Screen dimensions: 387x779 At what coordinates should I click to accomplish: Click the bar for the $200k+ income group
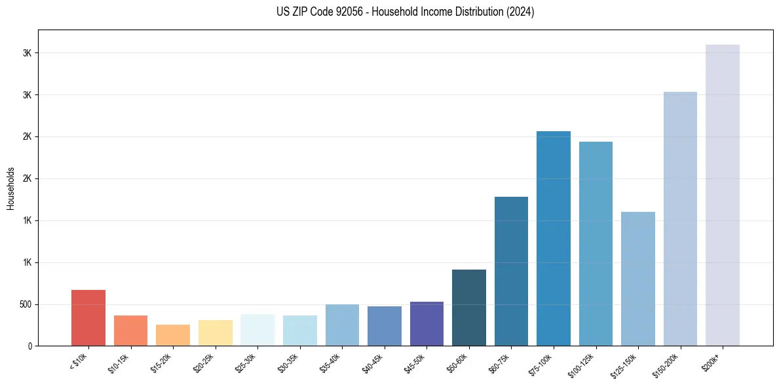722,195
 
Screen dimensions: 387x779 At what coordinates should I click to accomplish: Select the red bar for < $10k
88,317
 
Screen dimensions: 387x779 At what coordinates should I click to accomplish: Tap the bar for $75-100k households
554,238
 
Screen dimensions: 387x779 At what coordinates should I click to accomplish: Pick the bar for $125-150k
638,279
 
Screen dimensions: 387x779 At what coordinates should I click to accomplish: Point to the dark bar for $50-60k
469,308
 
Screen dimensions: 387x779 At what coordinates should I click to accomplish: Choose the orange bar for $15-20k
173,335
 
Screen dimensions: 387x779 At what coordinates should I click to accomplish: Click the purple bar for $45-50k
427,323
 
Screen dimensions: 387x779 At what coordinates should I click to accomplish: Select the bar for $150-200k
680,218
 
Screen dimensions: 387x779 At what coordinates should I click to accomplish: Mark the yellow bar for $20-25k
215,333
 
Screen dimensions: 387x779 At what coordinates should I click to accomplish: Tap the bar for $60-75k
511,271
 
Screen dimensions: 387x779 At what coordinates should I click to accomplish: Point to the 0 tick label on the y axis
30,346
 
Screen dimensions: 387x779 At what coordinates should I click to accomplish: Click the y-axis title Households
11,188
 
